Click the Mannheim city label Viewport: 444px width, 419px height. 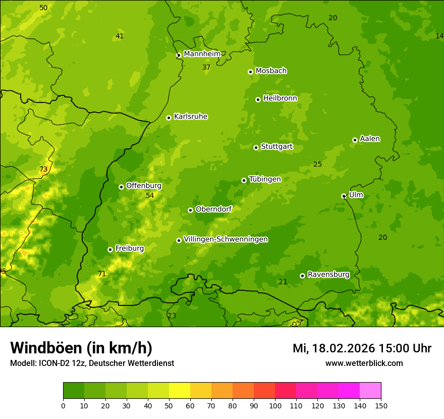pyautogui.click(x=202, y=54)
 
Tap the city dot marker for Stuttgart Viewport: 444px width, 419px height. pyautogui.click(x=256, y=147)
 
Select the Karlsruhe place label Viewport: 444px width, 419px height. pyautogui.click(x=190, y=117)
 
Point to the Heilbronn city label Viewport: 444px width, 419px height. pyautogui.click(x=280, y=98)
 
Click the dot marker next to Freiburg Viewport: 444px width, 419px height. pyautogui.click(x=110, y=249)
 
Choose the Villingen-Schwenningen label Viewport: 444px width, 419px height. pyautogui.click(x=226, y=239)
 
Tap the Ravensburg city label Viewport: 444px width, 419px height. pyautogui.click(x=328, y=275)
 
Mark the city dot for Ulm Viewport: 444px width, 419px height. pyautogui.click(x=344, y=196)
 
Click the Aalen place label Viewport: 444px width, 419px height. pyautogui.click(x=370, y=139)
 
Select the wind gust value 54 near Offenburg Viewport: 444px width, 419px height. pyautogui.click(x=150, y=195)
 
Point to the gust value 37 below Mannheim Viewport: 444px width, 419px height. pyautogui.click(x=206, y=67)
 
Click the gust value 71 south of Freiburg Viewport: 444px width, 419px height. pyautogui.click(x=102, y=274)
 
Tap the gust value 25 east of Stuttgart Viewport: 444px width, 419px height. pyautogui.click(x=317, y=164)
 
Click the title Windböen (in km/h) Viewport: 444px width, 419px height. pyautogui.click(x=81, y=348)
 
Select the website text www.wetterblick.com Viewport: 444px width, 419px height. pyautogui.click(x=364, y=363)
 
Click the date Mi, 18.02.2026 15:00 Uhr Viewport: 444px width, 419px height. pyautogui.click(x=362, y=348)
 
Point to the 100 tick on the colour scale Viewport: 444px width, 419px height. pyautogui.click(x=275, y=405)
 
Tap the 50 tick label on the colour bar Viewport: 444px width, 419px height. pyautogui.click(x=169, y=405)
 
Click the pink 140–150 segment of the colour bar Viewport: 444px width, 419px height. pyautogui.click(x=370, y=391)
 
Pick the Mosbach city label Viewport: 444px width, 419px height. pyautogui.click(x=271, y=71)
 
